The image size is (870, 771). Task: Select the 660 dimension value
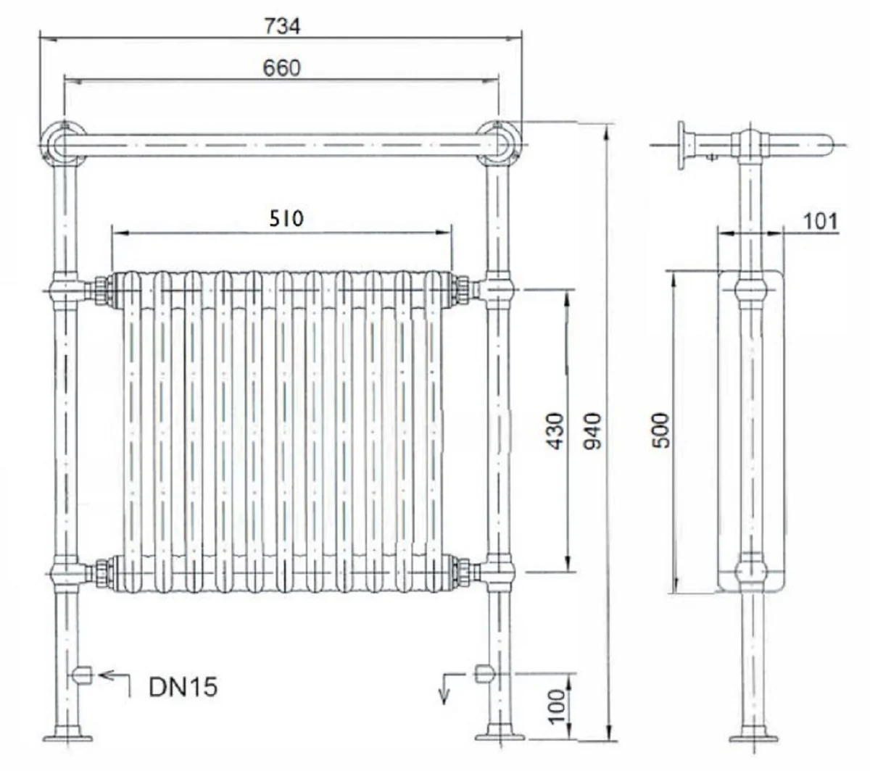(281, 68)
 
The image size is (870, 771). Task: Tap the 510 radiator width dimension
(286, 218)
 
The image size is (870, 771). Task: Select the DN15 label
(183, 686)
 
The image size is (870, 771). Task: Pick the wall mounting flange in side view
(683, 146)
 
